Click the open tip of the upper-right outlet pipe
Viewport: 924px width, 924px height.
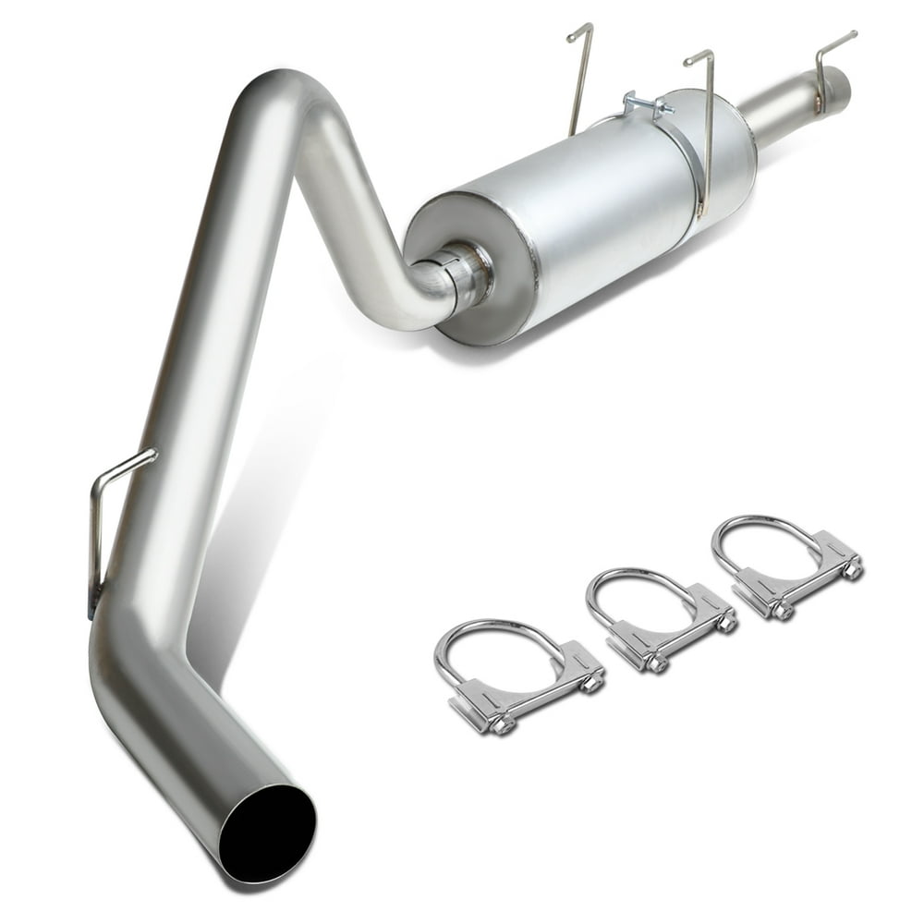pos(839,86)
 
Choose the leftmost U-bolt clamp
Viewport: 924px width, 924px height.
pos(517,675)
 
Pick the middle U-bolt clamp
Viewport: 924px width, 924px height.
pos(661,619)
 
